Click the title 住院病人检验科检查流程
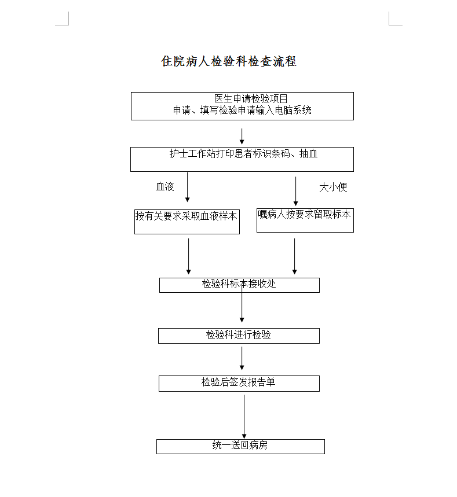tap(229, 61)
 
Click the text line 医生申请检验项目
tap(251, 98)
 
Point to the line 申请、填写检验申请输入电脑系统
tap(242, 111)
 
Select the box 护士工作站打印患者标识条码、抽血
tap(242, 160)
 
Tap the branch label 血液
tap(164, 186)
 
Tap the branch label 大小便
tap(333, 187)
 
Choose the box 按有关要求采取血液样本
tap(187, 222)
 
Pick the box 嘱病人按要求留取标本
tap(305, 220)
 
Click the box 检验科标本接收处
tap(239, 285)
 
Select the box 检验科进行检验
tap(239, 336)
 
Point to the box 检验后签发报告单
tap(239, 384)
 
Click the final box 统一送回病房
tap(240, 447)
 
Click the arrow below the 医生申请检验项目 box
tap(242, 137)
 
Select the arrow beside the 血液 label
tap(187, 187)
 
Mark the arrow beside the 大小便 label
tap(296, 191)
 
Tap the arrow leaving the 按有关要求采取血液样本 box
tap(188, 256)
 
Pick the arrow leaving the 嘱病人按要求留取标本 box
tap(294, 256)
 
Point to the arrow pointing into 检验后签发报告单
tap(242, 358)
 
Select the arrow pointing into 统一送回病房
tap(244, 417)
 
